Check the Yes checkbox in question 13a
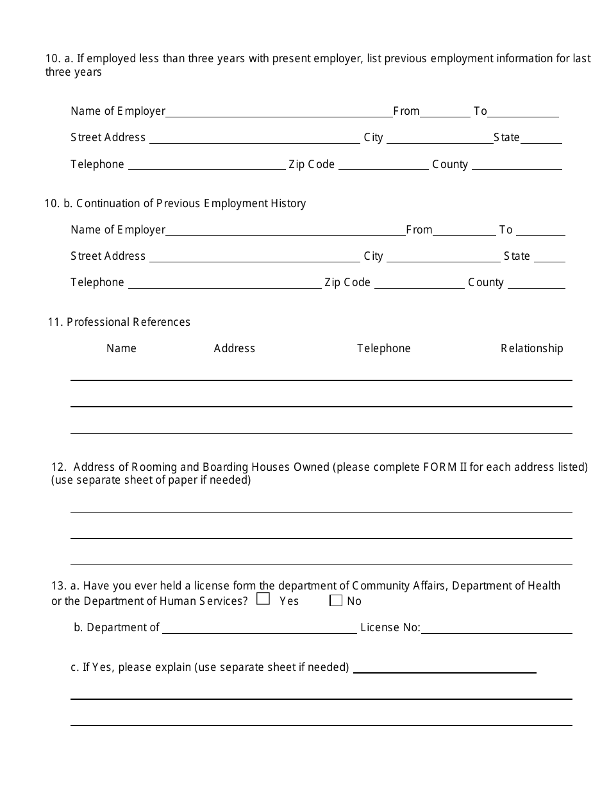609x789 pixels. click(x=263, y=600)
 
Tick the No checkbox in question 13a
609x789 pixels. click(x=336, y=600)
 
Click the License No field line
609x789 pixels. click(x=496, y=628)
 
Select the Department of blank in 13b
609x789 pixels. click(x=259, y=628)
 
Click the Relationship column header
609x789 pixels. click(x=531, y=348)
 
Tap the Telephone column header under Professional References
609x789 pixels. click(x=383, y=348)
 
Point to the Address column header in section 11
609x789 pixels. click(x=234, y=348)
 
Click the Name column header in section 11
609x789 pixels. click(x=121, y=348)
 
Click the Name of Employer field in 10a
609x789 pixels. click(x=279, y=112)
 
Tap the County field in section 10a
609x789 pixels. click(x=517, y=165)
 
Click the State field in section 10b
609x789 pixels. click(x=549, y=257)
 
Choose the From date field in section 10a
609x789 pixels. click(x=445, y=112)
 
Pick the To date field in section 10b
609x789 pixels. click(x=540, y=230)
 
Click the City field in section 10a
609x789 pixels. click(x=440, y=138)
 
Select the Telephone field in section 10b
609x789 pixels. click(x=224, y=283)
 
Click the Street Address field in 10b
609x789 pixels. click(x=254, y=257)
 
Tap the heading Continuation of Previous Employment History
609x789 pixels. click(x=190, y=203)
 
